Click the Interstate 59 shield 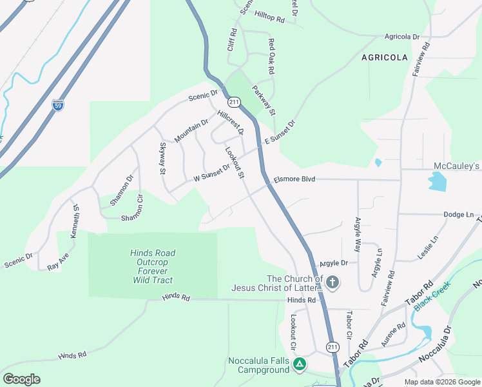tap(58, 104)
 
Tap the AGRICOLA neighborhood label tap(385, 57)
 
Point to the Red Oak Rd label tap(271, 56)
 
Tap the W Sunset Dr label tap(212, 174)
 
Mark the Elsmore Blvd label tap(294, 179)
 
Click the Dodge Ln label tap(459, 214)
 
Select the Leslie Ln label tap(428, 247)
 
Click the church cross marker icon tap(332, 282)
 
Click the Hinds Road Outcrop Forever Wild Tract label tap(153, 266)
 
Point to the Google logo tap(21, 379)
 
